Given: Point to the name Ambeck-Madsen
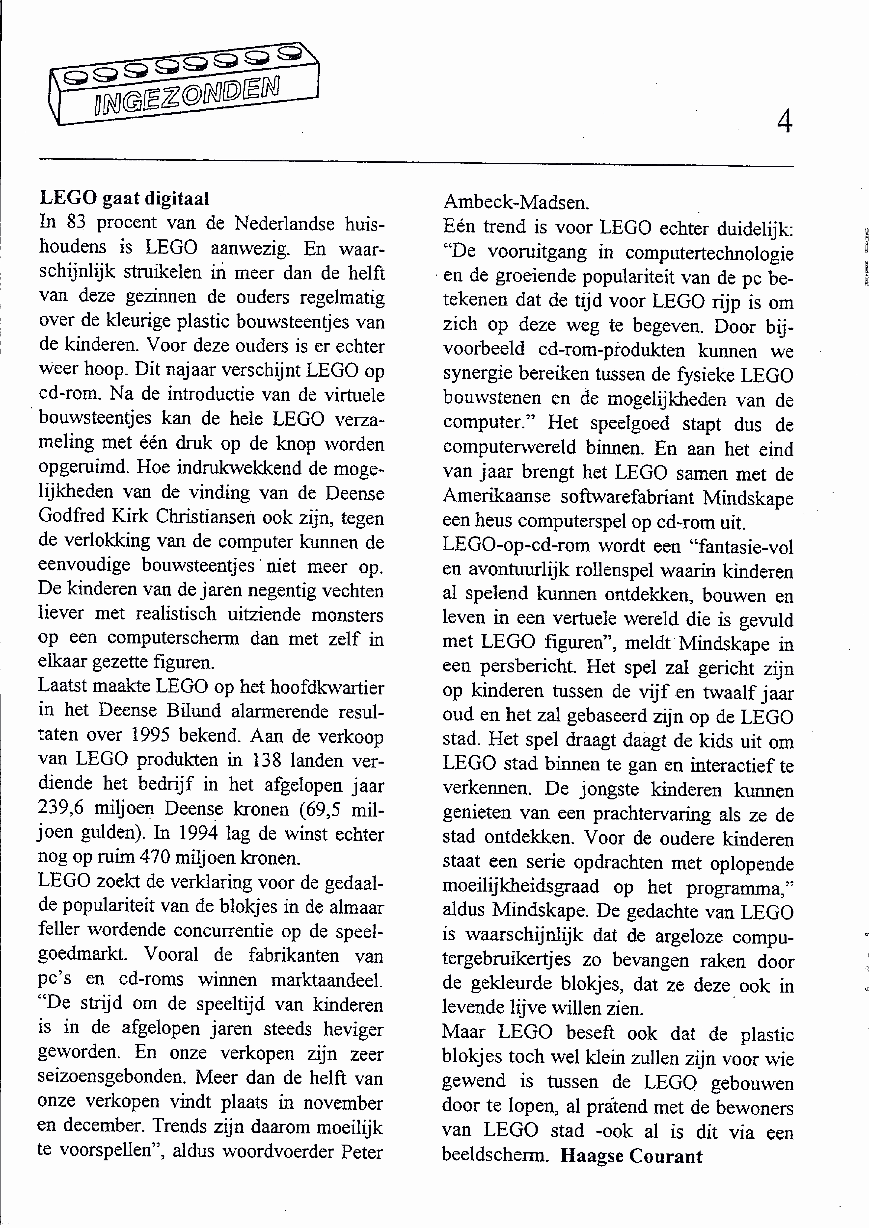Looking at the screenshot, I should (x=516, y=202).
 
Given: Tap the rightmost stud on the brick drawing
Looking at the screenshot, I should (x=290, y=52).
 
